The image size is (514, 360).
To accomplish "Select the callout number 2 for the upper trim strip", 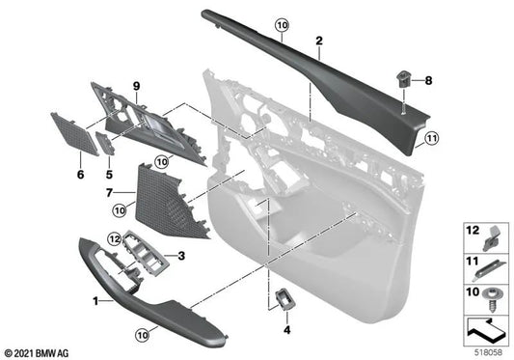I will (x=317, y=42).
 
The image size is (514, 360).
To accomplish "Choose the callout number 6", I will (x=80, y=175).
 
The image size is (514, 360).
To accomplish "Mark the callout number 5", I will (x=109, y=176).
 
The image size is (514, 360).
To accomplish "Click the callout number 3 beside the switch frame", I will (x=179, y=255).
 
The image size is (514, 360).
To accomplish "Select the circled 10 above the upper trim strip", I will (x=281, y=23).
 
